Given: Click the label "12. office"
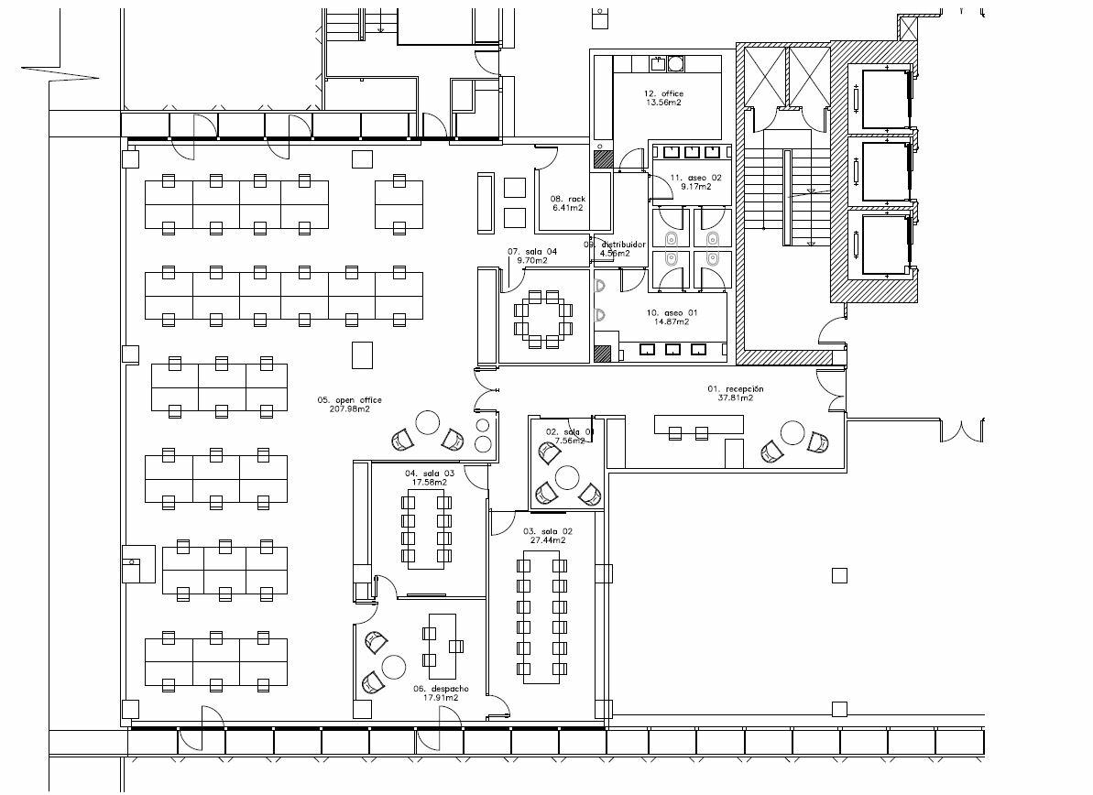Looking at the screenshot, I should coord(663,93).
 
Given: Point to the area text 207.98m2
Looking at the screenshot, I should coord(349,409).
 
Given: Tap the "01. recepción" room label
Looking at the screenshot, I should coord(735,389).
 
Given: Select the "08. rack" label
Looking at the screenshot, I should coord(567,199).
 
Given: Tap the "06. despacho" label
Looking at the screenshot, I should coord(441,688).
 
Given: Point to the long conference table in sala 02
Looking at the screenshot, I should coord(541,616).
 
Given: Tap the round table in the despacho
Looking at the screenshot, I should coord(394,665).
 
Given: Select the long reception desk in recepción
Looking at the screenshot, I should coord(698,424).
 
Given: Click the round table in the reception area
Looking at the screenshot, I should coord(792,431).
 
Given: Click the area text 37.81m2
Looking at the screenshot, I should coord(735,398).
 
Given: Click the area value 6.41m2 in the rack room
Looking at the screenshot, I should coord(568,208).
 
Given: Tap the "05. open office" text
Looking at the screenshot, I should coord(349,400).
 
